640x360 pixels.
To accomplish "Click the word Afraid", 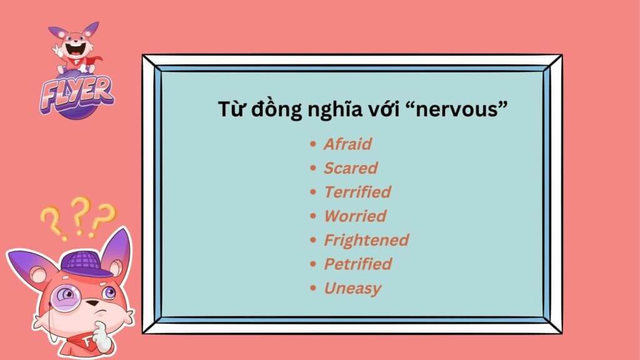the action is pyautogui.click(x=347, y=144).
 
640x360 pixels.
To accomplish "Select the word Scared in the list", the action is pyautogui.click(x=351, y=168).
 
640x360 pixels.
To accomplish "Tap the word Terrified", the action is pyautogui.click(x=357, y=192).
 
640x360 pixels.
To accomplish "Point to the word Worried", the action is pyautogui.click(x=355, y=216).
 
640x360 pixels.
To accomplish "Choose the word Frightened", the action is pyautogui.click(x=366, y=241).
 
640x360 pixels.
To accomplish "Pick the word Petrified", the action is pyautogui.click(x=358, y=264).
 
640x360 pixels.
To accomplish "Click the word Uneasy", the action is pyautogui.click(x=352, y=289).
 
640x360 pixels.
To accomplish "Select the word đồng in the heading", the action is pyautogui.click(x=276, y=109).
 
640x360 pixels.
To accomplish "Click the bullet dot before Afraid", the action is pyautogui.click(x=313, y=144).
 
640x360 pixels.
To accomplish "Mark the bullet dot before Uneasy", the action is pyautogui.click(x=313, y=287).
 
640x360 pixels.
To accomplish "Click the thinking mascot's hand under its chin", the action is pyautogui.click(x=101, y=334).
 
